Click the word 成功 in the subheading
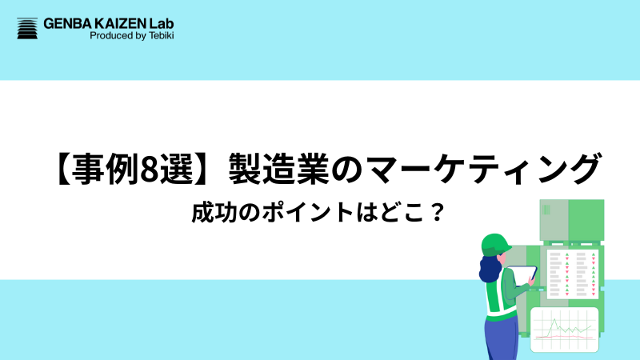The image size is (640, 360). point(210,214)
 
